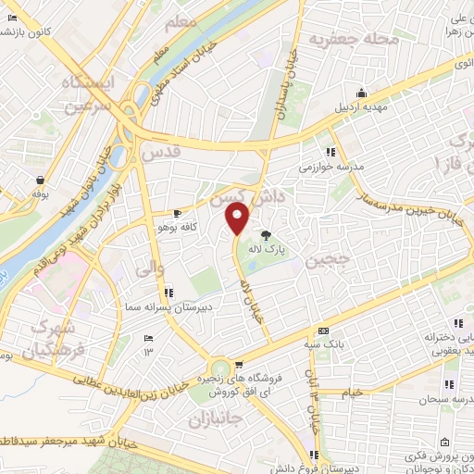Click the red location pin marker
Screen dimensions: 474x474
238,220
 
